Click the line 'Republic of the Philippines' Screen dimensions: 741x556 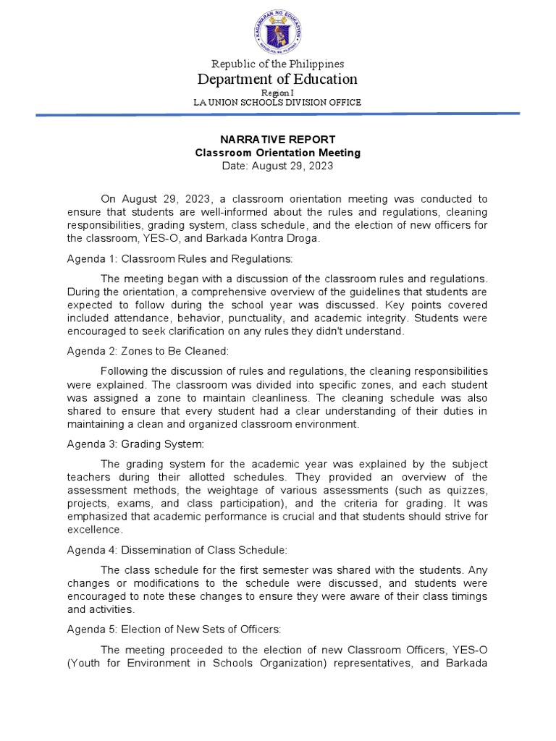(x=278, y=64)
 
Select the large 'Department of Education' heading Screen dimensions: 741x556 (x=278, y=80)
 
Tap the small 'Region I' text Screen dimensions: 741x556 (x=278, y=93)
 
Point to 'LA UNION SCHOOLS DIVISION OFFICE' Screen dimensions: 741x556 (x=278, y=103)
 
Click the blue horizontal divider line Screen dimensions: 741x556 (x=278, y=114)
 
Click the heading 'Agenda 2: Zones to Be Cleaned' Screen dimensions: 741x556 (x=148, y=351)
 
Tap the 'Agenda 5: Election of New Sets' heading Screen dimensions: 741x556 (x=169, y=630)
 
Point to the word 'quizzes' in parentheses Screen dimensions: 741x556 (x=463, y=490)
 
